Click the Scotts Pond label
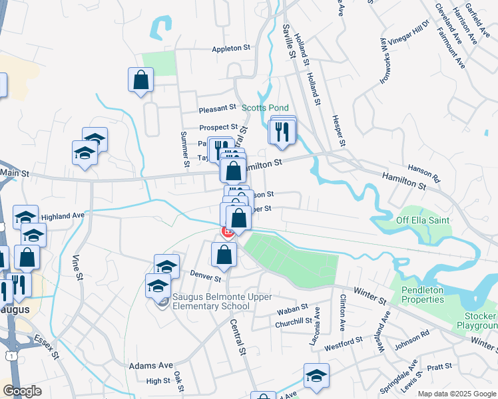265,108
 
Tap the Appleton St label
230,49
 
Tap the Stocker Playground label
476,321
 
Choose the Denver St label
205,275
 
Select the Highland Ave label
63,216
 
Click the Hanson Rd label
424,174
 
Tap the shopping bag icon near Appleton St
140,80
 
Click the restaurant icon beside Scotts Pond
283,131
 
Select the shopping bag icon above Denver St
224,255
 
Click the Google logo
23,391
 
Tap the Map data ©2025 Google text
456,394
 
